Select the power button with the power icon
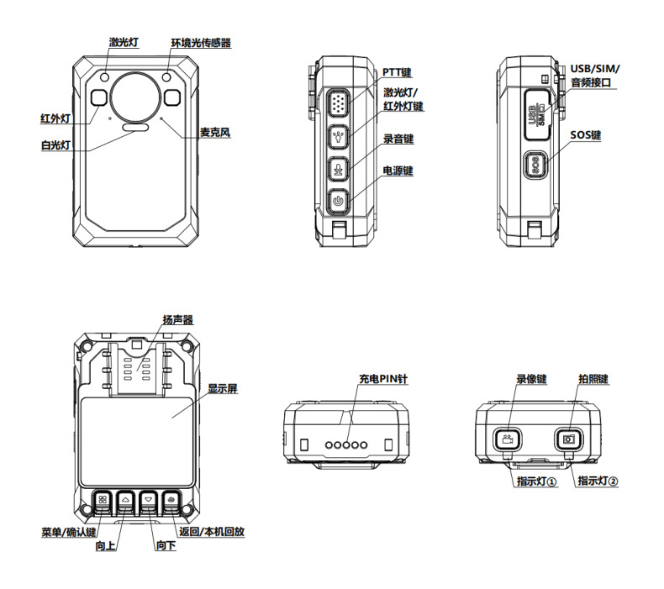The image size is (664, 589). click(338, 201)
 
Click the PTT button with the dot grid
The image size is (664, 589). click(338, 103)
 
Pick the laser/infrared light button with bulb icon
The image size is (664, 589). click(338, 137)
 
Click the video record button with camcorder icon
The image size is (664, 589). click(507, 439)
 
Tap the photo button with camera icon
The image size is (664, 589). click(569, 439)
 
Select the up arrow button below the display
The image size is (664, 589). click(125, 501)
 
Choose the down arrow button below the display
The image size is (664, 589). click(148, 501)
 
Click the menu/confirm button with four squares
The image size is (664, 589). click(103, 501)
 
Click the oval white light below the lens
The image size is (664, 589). click(135, 128)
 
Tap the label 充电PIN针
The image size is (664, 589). click(383, 379)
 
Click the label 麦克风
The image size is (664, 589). click(215, 133)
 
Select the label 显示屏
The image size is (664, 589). click(223, 388)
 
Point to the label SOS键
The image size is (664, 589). click(586, 135)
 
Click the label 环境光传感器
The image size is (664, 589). click(201, 43)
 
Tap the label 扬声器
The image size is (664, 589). click(178, 319)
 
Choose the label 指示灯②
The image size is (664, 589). click(598, 481)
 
